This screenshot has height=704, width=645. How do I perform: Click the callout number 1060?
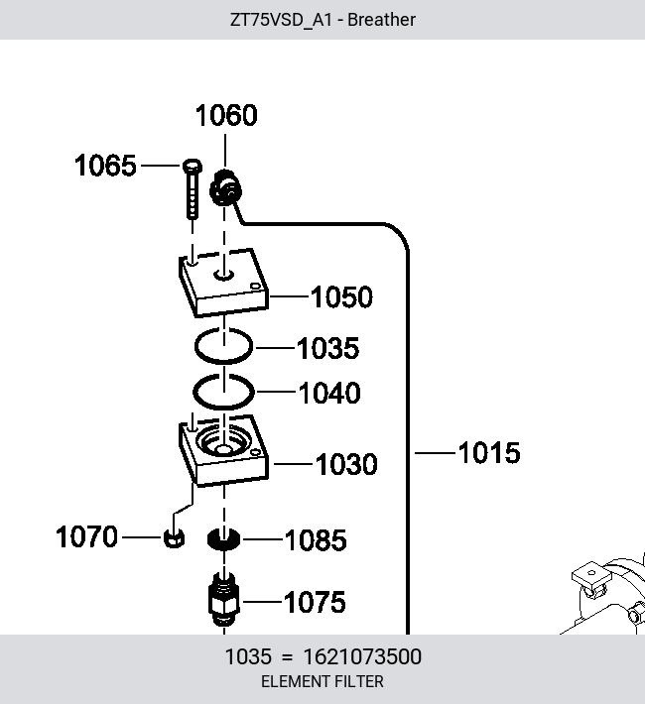226,115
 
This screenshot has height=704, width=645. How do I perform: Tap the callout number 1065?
105,166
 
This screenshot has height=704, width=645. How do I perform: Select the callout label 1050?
341,296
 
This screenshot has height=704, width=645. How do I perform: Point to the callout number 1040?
329,393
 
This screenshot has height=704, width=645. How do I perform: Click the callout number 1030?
346,464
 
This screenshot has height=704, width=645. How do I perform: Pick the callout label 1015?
489,452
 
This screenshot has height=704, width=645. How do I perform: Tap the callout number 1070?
86,536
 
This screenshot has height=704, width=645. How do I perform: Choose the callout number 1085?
316,539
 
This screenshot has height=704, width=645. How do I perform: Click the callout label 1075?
315,602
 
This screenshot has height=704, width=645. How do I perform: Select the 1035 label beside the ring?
328,348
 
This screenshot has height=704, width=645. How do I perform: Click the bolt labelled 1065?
193,188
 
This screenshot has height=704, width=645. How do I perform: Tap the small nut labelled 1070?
174,537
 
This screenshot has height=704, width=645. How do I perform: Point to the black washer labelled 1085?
223,538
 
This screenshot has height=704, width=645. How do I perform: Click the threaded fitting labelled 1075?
224,599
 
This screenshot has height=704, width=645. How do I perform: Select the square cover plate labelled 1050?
223,282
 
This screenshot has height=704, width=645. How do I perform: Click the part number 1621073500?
362,656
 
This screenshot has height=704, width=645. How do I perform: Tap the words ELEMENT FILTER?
322,681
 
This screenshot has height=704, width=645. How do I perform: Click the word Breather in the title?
382,20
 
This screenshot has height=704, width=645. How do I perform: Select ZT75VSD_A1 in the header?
281,20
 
